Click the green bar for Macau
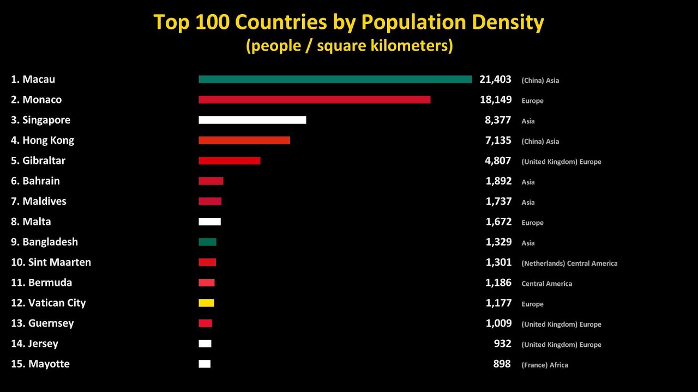[x=335, y=79]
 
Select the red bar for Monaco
[x=314, y=100]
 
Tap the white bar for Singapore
[x=252, y=120]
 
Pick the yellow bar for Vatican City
[x=206, y=303]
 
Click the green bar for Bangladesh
[x=207, y=242]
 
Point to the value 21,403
[x=495, y=79]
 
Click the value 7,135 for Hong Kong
[x=498, y=140]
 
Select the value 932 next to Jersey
[x=502, y=344]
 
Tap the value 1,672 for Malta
[x=498, y=222]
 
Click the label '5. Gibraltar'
[x=38, y=161]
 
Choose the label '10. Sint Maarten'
[x=51, y=262]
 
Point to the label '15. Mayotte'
[x=40, y=364]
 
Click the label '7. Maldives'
[x=39, y=201]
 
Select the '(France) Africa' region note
[x=544, y=365]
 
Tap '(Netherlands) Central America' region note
[x=569, y=264]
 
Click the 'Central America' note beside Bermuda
[x=546, y=284]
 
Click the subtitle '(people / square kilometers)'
[x=349, y=46]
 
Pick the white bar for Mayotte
[x=204, y=364]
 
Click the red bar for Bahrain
[x=210, y=181]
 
